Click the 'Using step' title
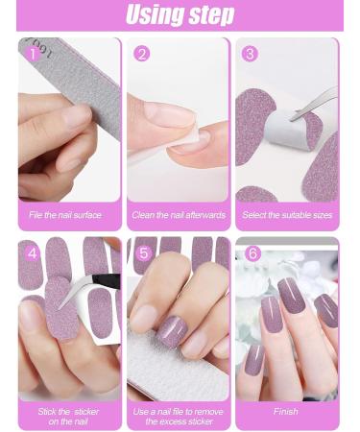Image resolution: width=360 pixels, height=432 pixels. [180, 15]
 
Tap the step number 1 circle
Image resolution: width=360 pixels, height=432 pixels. [35, 54]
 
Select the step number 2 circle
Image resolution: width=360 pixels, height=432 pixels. [142, 54]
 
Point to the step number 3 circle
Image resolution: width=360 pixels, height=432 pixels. [251, 54]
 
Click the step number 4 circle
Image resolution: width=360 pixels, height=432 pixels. [33, 254]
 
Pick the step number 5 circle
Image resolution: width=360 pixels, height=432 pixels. [143, 254]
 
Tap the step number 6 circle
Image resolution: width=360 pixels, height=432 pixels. [252, 254]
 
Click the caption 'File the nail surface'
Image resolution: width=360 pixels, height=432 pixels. [65, 215]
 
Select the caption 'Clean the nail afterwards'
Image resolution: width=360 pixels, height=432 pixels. [178, 215]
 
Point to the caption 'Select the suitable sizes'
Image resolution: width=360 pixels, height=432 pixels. [287, 215]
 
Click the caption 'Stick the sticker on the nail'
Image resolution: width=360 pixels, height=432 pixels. [68, 417]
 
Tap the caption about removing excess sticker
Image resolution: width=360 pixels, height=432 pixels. [178, 417]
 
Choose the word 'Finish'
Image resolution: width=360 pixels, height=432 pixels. [286, 412]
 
